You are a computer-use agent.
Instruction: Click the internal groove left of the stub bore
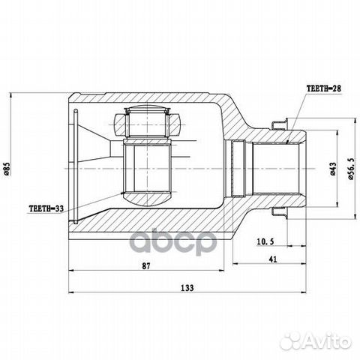tap(239, 170)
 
